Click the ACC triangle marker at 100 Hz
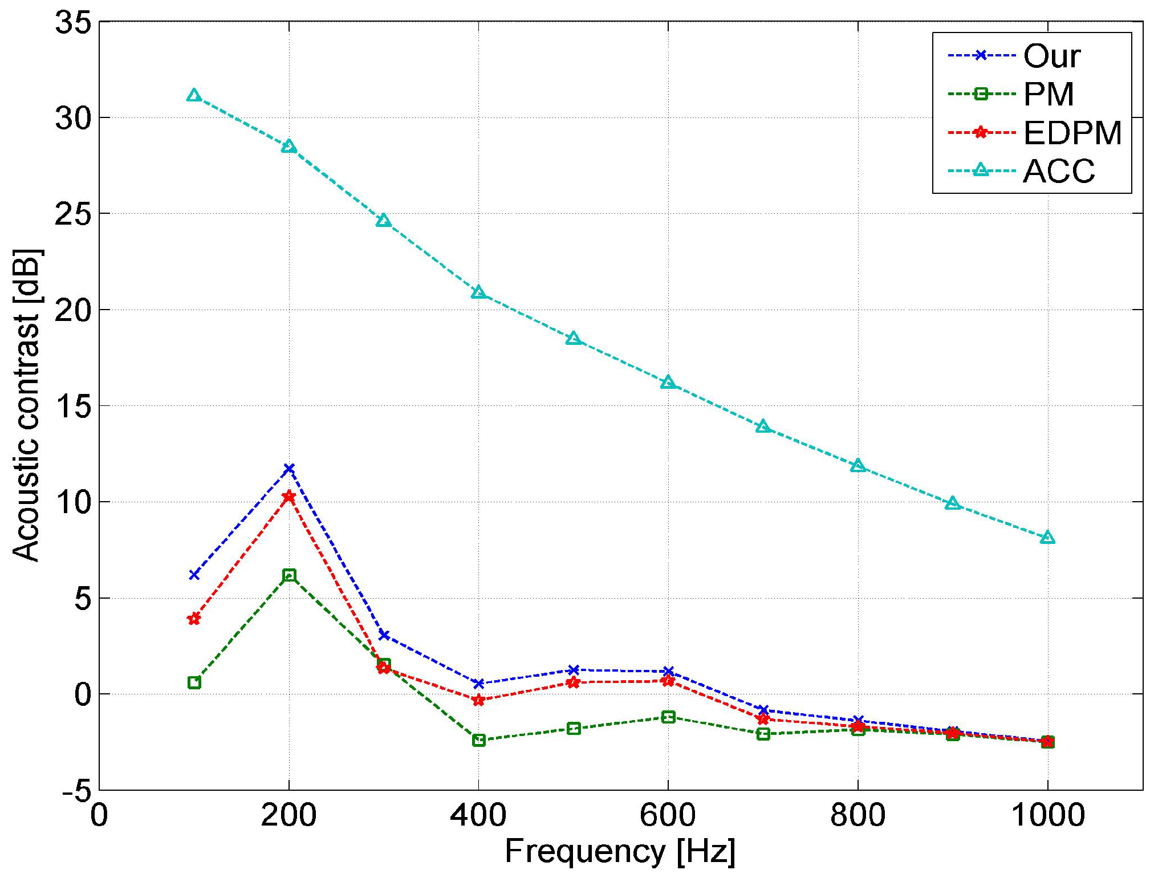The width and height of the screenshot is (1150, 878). point(194,95)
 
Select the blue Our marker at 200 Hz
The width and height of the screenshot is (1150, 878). point(289,469)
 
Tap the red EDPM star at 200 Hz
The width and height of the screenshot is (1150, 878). point(289,497)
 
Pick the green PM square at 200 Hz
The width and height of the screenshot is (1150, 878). point(289,575)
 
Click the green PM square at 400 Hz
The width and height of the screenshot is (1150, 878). point(479,740)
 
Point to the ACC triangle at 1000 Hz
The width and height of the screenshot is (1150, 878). point(1047,538)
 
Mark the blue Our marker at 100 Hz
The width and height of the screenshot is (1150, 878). point(194,575)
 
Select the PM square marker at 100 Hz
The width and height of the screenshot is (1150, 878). point(194,682)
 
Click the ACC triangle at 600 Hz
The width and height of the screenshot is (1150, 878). point(668,383)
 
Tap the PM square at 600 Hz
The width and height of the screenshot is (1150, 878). point(668,717)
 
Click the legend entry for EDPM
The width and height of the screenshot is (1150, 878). point(1072,133)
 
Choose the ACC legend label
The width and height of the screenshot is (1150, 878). point(1059,170)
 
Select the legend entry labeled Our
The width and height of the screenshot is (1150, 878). point(1051,56)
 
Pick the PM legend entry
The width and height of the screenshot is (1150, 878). point(1048,94)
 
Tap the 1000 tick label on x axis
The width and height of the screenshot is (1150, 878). point(1047,815)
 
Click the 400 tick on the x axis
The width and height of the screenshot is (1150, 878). point(478,815)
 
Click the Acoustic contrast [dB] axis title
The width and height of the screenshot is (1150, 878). point(27,405)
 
